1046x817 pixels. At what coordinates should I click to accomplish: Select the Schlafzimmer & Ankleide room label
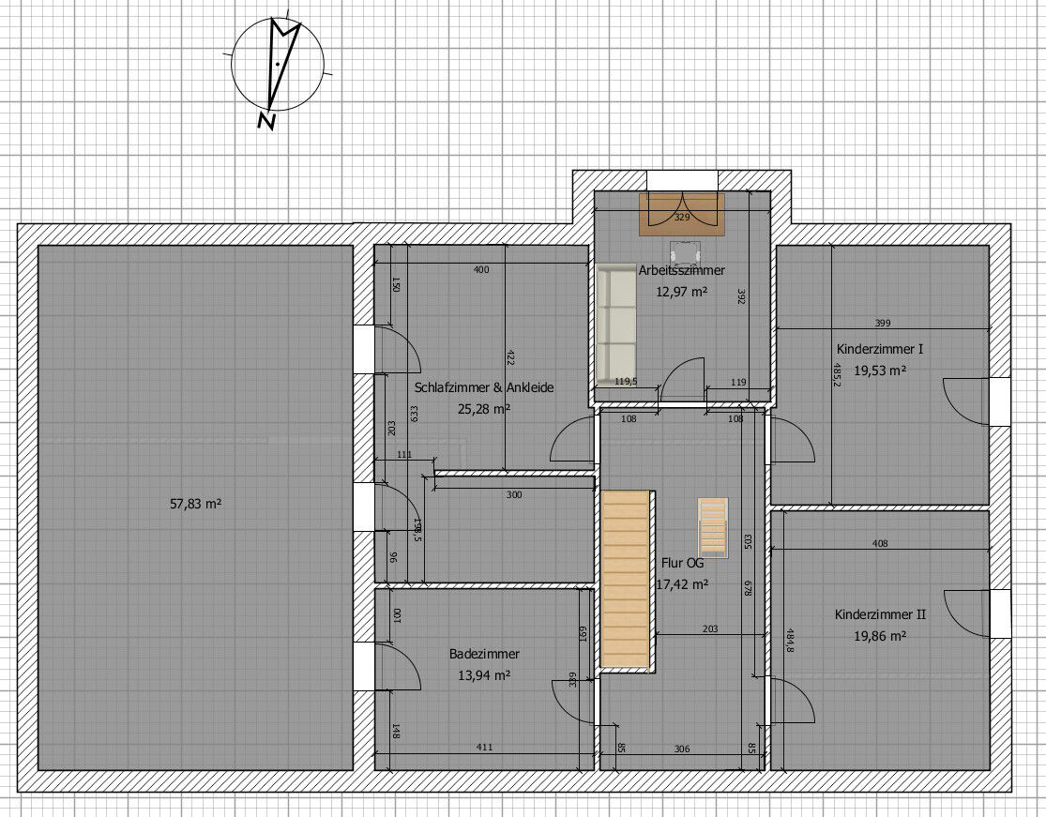click(484, 387)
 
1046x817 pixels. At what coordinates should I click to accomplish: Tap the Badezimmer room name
click(484, 654)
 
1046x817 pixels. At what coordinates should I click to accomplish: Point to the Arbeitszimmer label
click(682, 270)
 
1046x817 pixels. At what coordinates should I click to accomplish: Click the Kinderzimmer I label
click(880, 349)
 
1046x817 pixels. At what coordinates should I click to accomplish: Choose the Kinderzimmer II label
click(880, 614)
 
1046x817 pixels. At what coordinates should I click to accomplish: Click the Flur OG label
click(681, 564)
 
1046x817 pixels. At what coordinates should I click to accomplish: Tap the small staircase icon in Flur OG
click(712, 526)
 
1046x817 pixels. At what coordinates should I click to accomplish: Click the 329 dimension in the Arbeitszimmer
click(682, 218)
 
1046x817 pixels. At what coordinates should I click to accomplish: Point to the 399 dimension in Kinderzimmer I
click(882, 324)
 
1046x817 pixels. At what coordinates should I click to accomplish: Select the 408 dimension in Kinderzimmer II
click(880, 543)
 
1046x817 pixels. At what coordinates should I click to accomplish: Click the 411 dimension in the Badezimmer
click(483, 748)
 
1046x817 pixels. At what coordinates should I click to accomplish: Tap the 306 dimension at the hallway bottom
click(682, 748)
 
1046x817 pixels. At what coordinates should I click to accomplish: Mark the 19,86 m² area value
click(880, 636)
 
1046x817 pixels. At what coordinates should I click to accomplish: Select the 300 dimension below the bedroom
click(514, 494)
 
